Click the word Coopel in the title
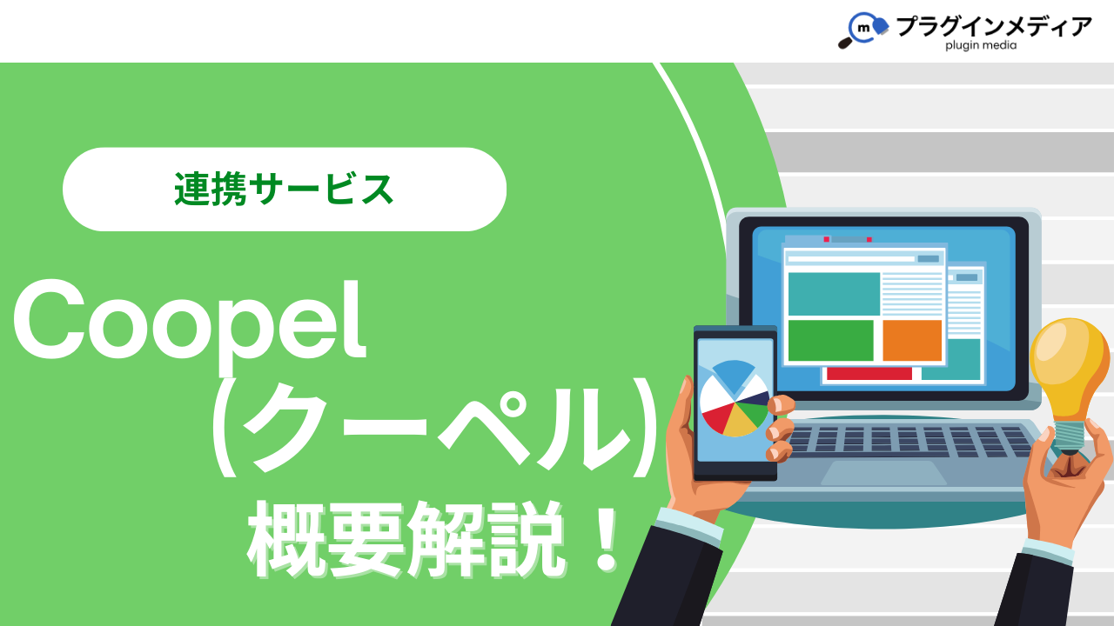pos(189,322)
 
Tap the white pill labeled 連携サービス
pos(285,190)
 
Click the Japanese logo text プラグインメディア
pos(993,26)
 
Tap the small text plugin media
pos(981,46)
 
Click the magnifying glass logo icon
pos(862,30)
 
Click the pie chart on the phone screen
pos(735,398)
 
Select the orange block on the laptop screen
pos(912,340)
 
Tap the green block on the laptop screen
pos(831,340)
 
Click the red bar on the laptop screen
pos(869,374)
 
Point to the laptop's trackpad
pos(883,473)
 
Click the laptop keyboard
pos(910,441)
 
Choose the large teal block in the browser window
pos(834,294)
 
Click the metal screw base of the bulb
pos(1070,437)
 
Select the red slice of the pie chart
pos(716,416)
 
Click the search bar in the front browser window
pos(851,259)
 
